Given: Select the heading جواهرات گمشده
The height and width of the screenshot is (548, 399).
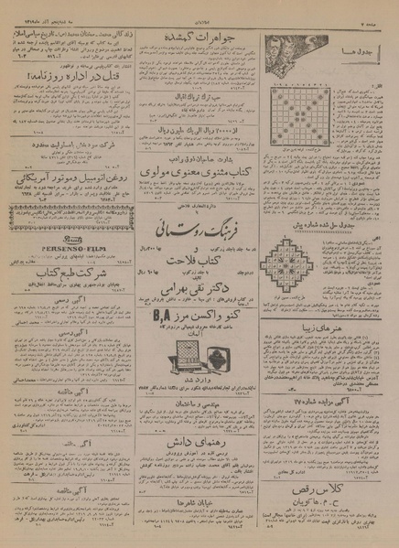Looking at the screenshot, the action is tap(199, 35).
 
